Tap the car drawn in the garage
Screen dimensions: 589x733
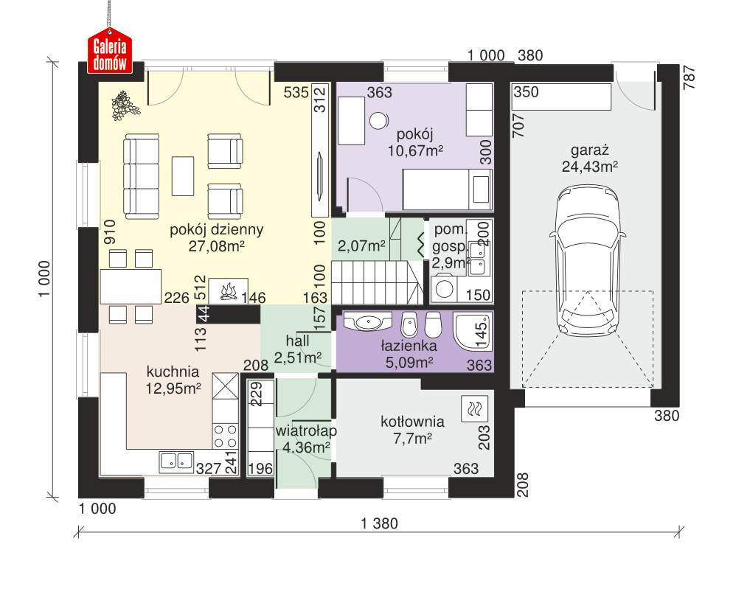click(588, 262)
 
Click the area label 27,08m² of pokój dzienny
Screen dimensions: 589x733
click(217, 245)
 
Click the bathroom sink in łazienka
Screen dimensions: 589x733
click(367, 322)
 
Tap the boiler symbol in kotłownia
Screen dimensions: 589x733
click(472, 407)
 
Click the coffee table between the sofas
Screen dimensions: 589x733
click(183, 175)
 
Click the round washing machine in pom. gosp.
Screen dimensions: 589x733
click(445, 289)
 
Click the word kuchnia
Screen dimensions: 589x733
click(173, 371)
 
